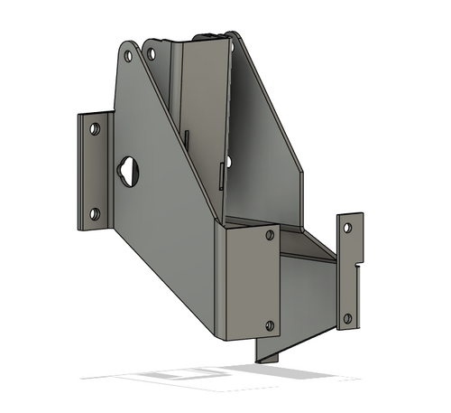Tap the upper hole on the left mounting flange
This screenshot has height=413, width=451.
pos(94,129)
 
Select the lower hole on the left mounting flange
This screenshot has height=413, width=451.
pos(94,214)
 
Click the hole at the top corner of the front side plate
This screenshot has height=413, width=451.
pos(128,56)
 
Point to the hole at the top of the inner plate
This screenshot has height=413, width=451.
pos(151,54)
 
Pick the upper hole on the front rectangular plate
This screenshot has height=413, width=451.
pos(270,236)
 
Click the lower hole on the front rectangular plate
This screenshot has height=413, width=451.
pos(270,324)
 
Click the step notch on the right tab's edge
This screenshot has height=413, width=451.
pos(359,267)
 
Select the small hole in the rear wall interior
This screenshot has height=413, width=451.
pos(228,162)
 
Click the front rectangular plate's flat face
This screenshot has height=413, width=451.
pos(248,280)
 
